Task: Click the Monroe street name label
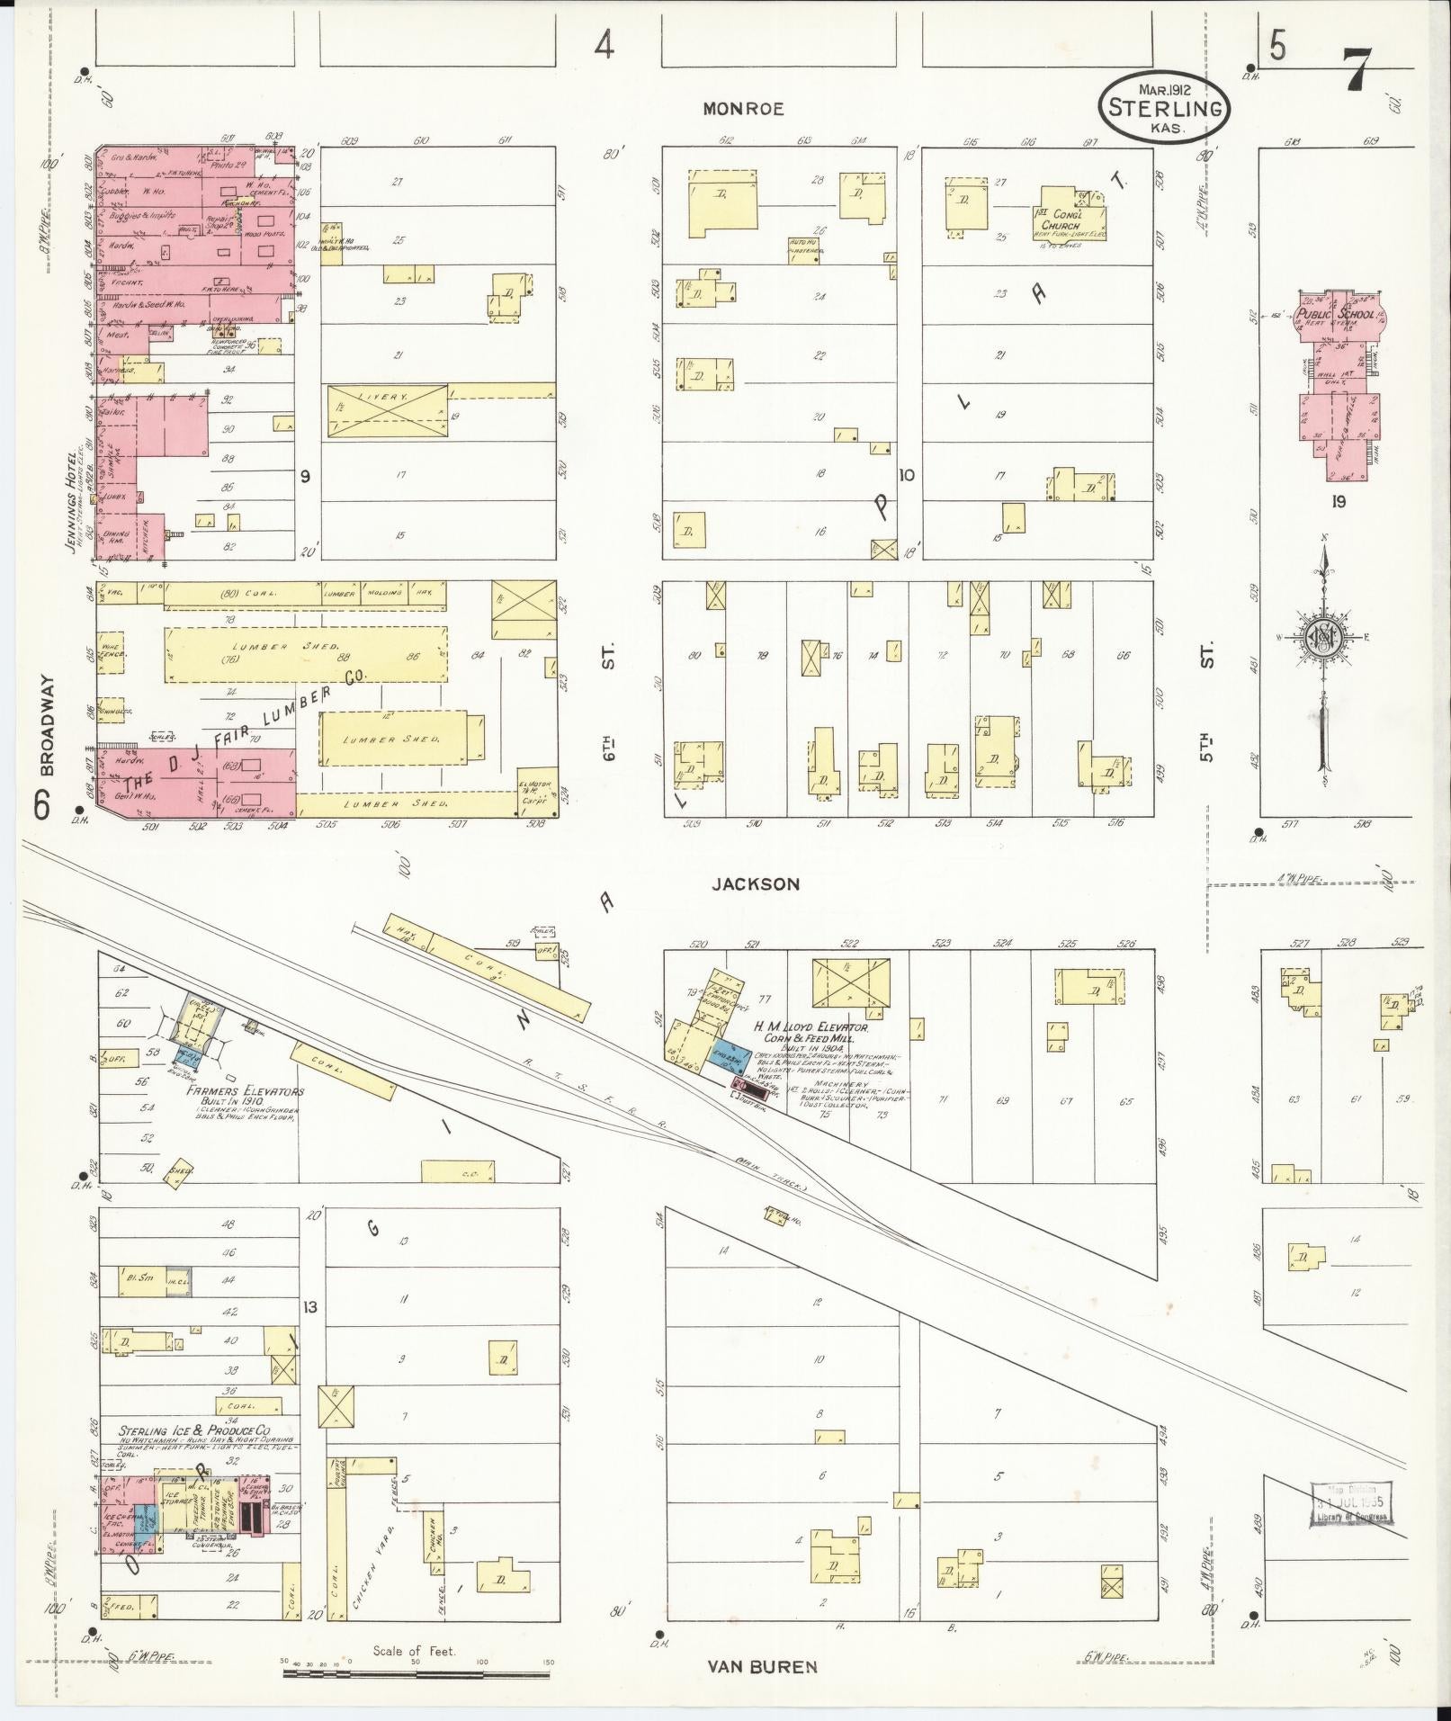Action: click(x=743, y=109)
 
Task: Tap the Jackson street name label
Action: click(x=755, y=884)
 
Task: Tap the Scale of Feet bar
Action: click(x=416, y=1674)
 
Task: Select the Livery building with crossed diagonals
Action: click(x=387, y=411)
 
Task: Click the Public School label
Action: click(x=1335, y=314)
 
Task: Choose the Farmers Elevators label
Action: click(x=246, y=1091)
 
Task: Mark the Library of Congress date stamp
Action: click(x=1351, y=1503)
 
